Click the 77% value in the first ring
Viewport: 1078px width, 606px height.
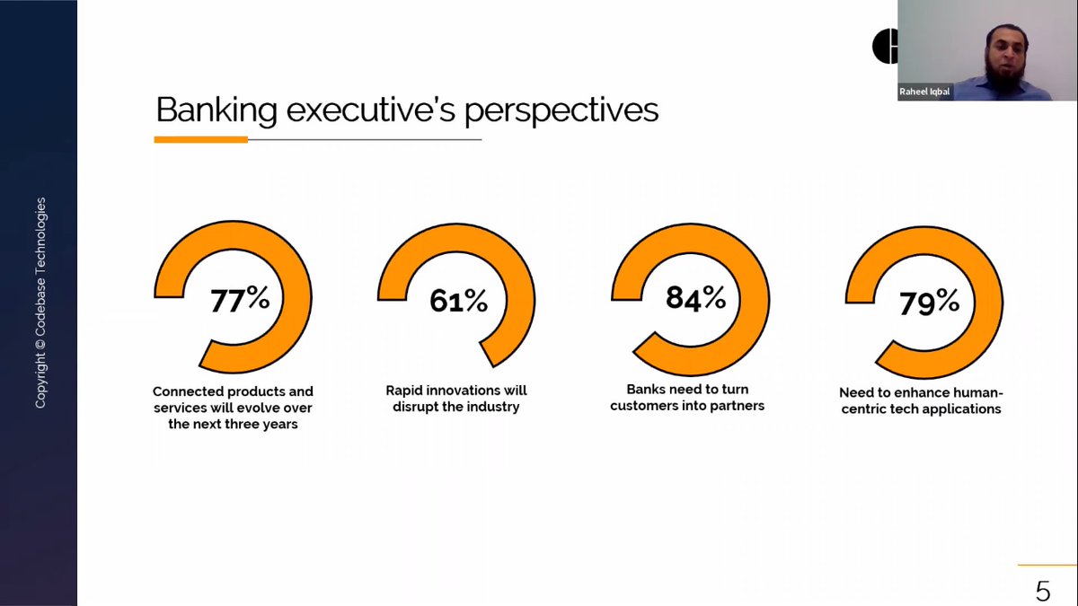(x=240, y=299)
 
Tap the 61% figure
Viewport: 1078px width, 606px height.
(x=458, y=300)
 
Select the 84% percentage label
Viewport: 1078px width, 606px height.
(x=695, y=298)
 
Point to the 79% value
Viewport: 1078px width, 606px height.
(x=929, y=303)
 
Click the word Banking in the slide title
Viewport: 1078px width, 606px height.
(x=216, y=111)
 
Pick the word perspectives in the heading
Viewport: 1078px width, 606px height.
(x=561, y=111)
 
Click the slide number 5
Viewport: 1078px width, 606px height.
(x=1043, y=591)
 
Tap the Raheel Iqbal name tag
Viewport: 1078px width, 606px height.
(x=924, y=92)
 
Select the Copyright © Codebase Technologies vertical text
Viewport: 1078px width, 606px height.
(x=40, y=303)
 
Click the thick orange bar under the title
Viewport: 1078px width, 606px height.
(x=200, y=139)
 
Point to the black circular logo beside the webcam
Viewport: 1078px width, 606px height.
(x=886, y=46)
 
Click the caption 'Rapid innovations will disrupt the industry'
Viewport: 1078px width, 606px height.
(x=456, y=399)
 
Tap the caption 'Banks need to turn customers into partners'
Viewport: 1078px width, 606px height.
(x=687, y=397)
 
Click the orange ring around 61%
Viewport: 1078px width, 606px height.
(x=520, y=298)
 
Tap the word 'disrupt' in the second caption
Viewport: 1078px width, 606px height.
(x=414, y=407)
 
